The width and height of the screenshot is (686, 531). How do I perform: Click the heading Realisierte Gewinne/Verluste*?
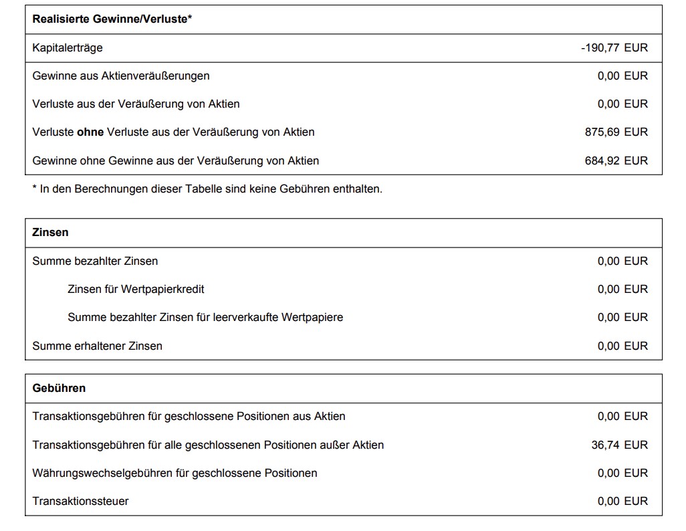pyautogui.click(x=112, y=19)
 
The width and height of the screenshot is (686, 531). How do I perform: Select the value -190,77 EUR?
pyautogui.click(x=614, y=47)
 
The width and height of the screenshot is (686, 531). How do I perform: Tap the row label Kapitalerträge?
pyautogui.click(x=68, y=47)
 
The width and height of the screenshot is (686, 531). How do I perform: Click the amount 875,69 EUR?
pyautogui.click(x=616, y=132)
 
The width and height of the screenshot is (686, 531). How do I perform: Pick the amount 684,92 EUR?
pyautogui.click(x=616, y=161)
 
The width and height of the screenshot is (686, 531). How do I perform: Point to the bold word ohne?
pyautogui.click(x=90, y=132)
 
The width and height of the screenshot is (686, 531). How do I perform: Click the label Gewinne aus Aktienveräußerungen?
pyautogui.click(x=121, y=76)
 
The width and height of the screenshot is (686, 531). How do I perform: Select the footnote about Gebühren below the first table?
pyautogui.click(x=207, y=189)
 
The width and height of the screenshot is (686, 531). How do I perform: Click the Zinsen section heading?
pyautogui.click(x=50, y=232)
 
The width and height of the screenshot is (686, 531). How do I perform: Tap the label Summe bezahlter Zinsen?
pyautogui.click(x=95, y=261)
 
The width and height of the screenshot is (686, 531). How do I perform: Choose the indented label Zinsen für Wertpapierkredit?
pyautogui.click(x=136, y=289)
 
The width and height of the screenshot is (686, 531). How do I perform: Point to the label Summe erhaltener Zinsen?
pyautogui.click(x=98, y=346)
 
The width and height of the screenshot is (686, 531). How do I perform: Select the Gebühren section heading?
pyautogui.click(x=59, y=388)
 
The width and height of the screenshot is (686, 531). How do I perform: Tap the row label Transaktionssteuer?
pyautogui.click(x=80, y=501)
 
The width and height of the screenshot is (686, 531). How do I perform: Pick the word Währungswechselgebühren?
pyautogui.click(x=102, y=473)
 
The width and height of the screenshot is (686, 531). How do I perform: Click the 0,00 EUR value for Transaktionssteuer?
pyautogui.click(x=622, y=501)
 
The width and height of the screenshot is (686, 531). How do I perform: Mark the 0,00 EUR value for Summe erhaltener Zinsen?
pyautogui.click(x=622, y=346)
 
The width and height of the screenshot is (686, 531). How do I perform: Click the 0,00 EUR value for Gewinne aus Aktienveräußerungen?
pyautogui.click(x=622, y=76)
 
